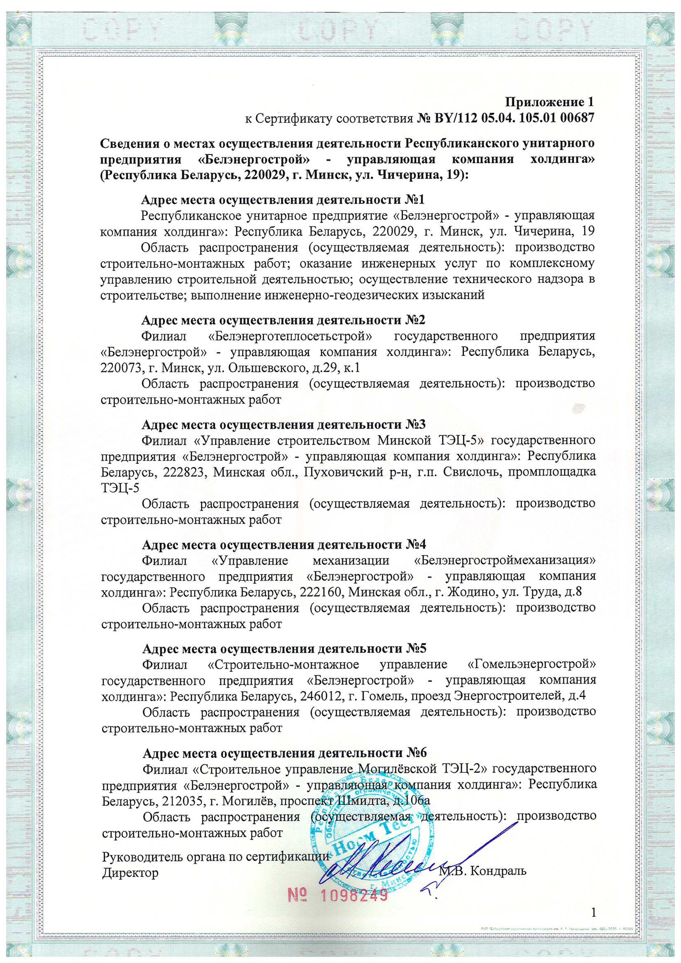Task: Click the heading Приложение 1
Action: (549, 102)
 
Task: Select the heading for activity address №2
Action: (284, 320)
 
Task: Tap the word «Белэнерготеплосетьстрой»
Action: (291, 336)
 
